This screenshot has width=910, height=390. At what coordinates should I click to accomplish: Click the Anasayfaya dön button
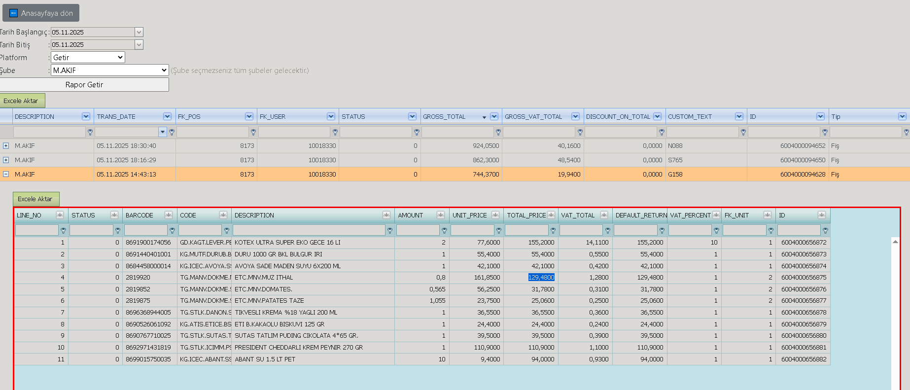pos(41,13)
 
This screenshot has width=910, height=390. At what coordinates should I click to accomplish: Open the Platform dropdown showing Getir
pos(88,58)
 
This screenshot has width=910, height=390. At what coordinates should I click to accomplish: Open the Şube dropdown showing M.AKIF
pos(110,71)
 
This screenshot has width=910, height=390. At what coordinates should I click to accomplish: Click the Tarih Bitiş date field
pos(97,45)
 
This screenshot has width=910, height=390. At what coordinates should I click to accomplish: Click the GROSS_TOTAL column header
pos(444,117)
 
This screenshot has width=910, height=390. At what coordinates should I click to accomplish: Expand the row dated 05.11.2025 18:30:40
pos(6,146)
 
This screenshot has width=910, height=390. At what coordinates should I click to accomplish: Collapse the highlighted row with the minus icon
pos(6,174)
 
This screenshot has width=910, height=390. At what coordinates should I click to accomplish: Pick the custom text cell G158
pos(675,175)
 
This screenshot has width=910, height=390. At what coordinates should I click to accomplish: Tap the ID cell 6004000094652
pos(803,146)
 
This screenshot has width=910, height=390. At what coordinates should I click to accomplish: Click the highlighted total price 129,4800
pos(541,278)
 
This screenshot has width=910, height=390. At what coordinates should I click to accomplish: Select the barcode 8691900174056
pos(148,243)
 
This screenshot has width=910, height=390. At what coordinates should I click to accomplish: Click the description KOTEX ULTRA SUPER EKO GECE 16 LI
pos(287,243)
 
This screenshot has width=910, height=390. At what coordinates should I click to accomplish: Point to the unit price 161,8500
pos(487,278)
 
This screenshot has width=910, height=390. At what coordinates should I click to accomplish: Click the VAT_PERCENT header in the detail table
pos(690,215)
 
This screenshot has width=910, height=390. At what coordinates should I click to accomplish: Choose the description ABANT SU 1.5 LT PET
pos(265,359)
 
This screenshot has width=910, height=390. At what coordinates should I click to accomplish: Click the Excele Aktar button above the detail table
pos(36,199)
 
